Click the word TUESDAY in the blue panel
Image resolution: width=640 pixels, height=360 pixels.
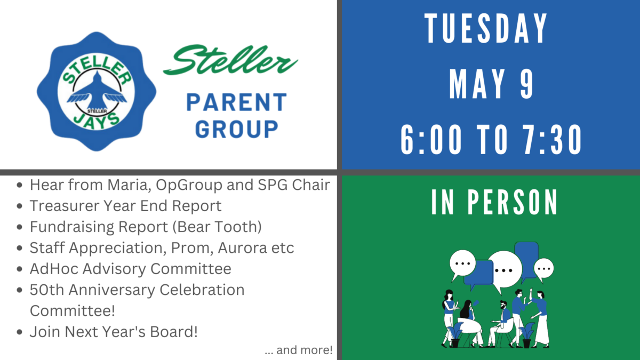pos(486,28)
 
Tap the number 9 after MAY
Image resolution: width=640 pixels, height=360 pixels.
pos(526,84)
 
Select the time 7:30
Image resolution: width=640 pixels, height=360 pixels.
pos(552,140)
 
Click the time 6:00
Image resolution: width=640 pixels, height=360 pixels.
pos(431,140)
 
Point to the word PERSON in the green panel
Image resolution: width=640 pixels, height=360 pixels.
pos(513,202)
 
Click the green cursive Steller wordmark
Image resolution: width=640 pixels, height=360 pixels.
pos(230,59)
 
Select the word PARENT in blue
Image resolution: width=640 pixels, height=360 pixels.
pos(236,102)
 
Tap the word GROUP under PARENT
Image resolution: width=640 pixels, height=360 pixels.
pos(237,129)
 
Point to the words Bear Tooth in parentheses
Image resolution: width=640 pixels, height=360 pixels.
pos(217,227)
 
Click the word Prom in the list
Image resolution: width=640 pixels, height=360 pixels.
pos(193,247)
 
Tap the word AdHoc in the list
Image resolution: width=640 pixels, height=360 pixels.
pos(54,269)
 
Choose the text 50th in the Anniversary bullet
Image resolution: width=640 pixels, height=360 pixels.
pos(47,290)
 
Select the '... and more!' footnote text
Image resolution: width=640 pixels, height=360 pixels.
pos(299,350)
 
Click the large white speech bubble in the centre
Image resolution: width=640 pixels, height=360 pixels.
pos(505,270)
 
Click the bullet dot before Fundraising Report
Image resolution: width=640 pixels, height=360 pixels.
pos(19,227)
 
